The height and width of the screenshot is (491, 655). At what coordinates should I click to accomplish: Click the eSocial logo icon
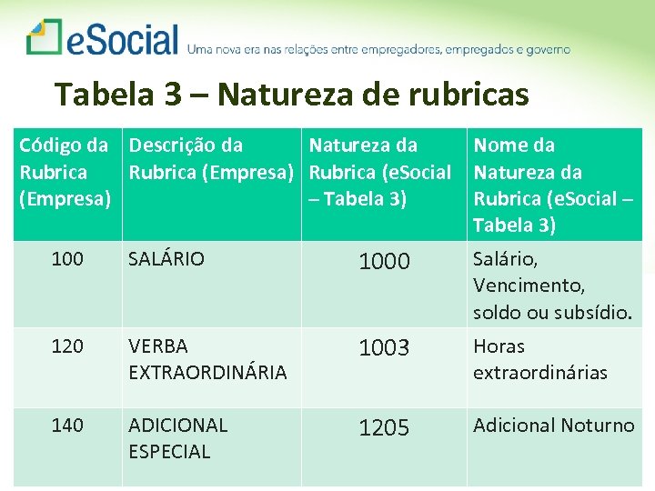(44, 37)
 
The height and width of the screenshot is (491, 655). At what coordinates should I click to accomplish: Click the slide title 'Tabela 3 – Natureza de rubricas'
(291, 94)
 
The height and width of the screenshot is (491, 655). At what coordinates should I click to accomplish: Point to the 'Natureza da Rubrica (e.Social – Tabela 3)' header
(380, 172)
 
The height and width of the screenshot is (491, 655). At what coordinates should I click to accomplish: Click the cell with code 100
(67, 259)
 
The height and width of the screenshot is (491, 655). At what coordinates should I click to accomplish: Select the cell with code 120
(67, 346)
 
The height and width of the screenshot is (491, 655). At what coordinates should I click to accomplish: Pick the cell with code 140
(67, 425)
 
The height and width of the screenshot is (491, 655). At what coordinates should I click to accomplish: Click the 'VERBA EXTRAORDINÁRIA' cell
(194, 359)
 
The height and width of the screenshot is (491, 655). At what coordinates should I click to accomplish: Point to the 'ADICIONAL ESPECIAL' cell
(177, 437)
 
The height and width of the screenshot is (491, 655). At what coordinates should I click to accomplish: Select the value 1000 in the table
(384, 262)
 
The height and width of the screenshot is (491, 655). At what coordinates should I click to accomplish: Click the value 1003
(384, 348)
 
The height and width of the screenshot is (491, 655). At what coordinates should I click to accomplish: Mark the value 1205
(384, 427)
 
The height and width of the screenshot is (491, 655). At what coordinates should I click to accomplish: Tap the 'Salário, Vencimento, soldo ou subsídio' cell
(551, 286)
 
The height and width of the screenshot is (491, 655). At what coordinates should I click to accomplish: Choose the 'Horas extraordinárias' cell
(539, 359)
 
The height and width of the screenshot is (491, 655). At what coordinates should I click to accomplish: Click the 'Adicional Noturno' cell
(553, 425)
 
